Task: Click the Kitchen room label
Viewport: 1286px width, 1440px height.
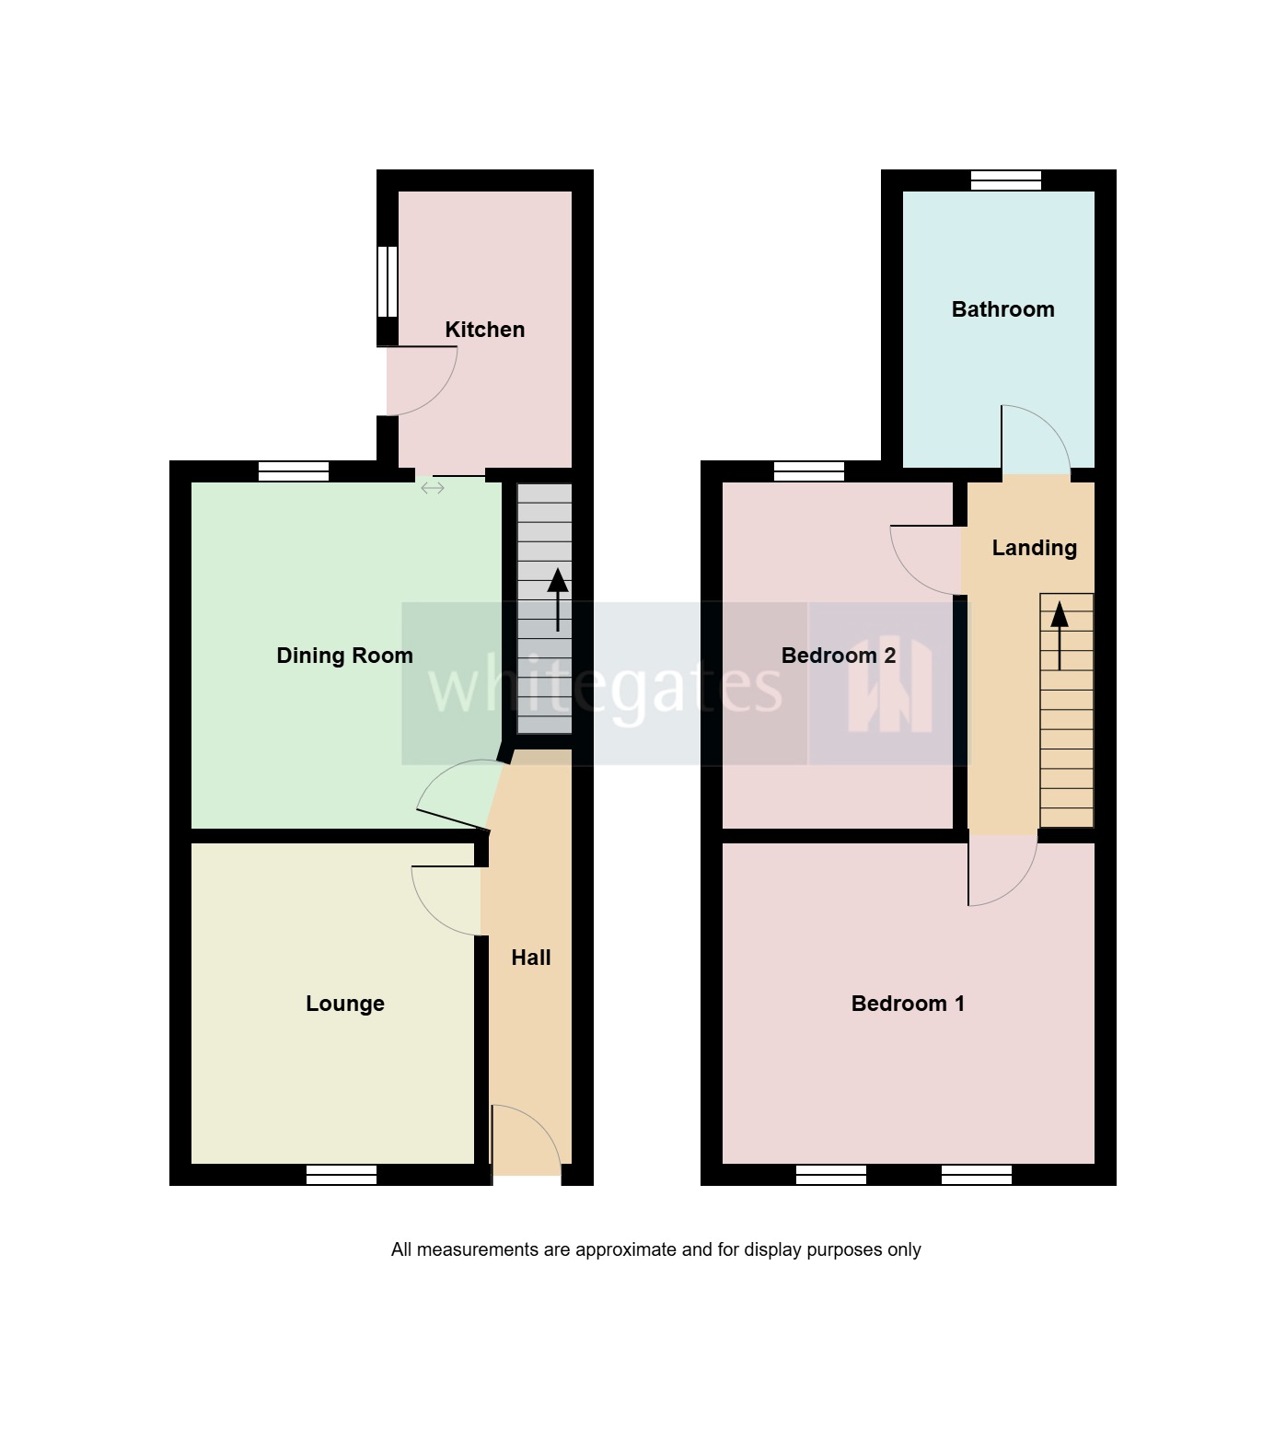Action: (x=484, y=330)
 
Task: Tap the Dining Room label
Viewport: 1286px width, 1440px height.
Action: (x=344, y=656)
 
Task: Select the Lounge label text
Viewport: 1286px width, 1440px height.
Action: (x=344, y=1004)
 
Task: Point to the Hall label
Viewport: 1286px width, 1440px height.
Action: (x=531, y=958)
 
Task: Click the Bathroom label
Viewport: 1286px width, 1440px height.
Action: (x=1002, y=309)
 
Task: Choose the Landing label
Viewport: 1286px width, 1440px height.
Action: (x=1034, y=548)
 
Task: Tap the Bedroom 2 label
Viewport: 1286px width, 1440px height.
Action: (x=838, y=656)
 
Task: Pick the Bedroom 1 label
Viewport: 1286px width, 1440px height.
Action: (x=908, y=1004)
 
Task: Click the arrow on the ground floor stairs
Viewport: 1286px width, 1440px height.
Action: (x=558, y=598)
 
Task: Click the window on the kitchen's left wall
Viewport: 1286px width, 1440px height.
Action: (x=388, y=282)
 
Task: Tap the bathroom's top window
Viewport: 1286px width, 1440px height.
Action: (x=1006, y=180)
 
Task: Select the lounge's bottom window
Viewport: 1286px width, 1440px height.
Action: (x=342, y=1175)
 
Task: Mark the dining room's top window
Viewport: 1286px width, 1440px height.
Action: (x=294, y=471)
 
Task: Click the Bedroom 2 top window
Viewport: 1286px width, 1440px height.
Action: (x=809, y=471)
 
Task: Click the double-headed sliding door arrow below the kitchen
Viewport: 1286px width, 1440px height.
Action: (x=433, y=488)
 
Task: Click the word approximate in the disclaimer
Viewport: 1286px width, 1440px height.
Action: (x=626, y=1249)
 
